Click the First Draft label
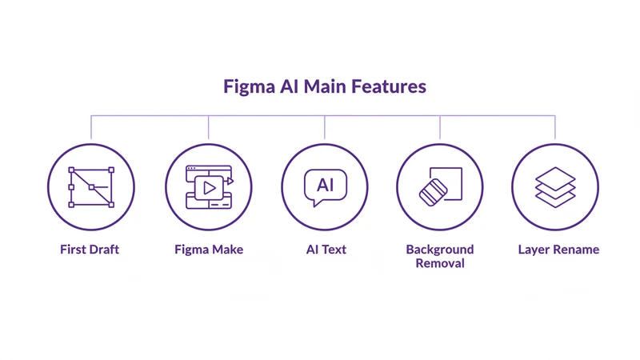(x=90, y=250)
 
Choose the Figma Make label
(x=209, y=250)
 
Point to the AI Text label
(x=326, y=250)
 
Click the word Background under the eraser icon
(x=440, y=250)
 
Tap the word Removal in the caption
(x=440, y=263)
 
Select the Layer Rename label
(x=558, y=250)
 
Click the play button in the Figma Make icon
(x=208, y=189)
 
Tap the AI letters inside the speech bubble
(x=325, y=185)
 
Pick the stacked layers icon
(x=555, y=187)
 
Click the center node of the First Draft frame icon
(x=91, y=187)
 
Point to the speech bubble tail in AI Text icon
(x=317, y=203)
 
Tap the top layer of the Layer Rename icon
(x=555, y=176)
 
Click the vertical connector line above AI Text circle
(x=325, y=126)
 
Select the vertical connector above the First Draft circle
(x=90, y=126)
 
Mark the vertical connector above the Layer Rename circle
(x=555, y=126)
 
